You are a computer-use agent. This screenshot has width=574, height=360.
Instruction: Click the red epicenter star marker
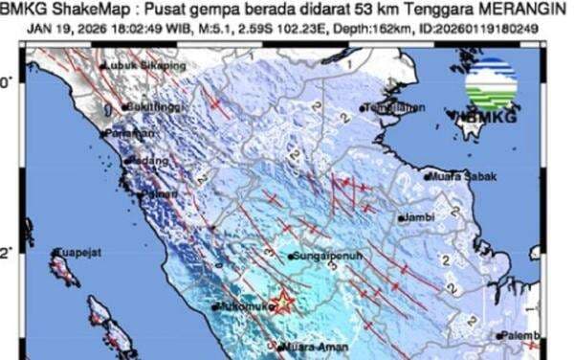[x=282, y=304]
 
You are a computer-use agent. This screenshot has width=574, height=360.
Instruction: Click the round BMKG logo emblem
[x=492, y=83]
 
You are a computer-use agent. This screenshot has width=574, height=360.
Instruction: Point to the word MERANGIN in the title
[x=524, y=11]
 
